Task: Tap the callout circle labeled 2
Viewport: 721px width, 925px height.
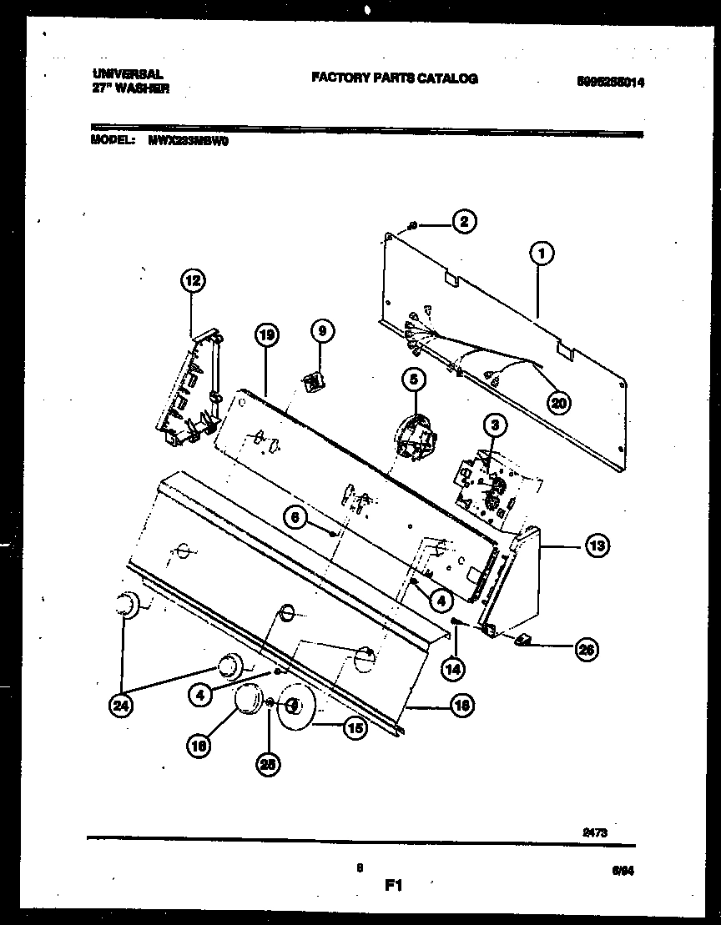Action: pyautogui.click(x=464, y=222)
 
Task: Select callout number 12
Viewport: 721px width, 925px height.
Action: pyautogui.click(x=193, y=281)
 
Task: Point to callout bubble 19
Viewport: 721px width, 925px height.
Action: pyautogui.click(x=265, y=335)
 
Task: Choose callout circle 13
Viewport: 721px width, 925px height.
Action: pyautogui.click(x=597, y=546)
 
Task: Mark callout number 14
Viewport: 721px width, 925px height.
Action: pyautogui.click(x=453, y=667)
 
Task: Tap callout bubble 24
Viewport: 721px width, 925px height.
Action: pyautogui.click(x=122, y=706)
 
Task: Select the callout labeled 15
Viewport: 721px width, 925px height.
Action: pyautogui.click(x=355, y=727)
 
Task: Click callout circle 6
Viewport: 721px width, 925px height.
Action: pyautogui.click(x=294, y=518)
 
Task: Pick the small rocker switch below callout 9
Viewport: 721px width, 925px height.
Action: pyautogui.click(x=314, y=382)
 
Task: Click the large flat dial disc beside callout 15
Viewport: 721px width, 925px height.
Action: pyautogui.click(x=295, y=706)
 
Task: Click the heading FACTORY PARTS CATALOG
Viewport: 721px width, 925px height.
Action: pyautogui.click(x=394, y=78)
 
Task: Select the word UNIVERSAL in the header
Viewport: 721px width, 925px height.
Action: pyautogui.click(x=127, y=73)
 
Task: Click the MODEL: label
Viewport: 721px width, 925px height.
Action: pyautogui.click(x=113, y=141)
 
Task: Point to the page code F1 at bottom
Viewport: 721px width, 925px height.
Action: pyautogui.click(x=393, y=887)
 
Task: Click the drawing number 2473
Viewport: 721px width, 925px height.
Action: pyautogui.click(x=594, y=832)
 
